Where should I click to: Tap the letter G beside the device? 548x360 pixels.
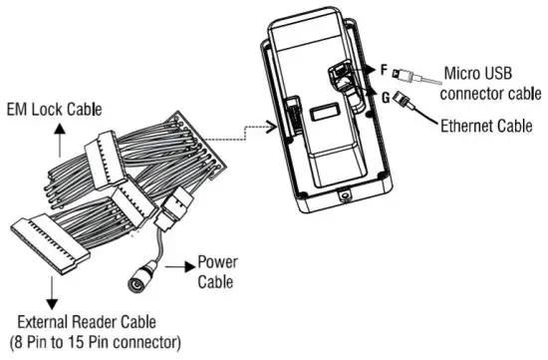pyautogui.click(x=383, y=99)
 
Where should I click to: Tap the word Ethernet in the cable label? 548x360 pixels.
pyautogui.click(x=471, y=127)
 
